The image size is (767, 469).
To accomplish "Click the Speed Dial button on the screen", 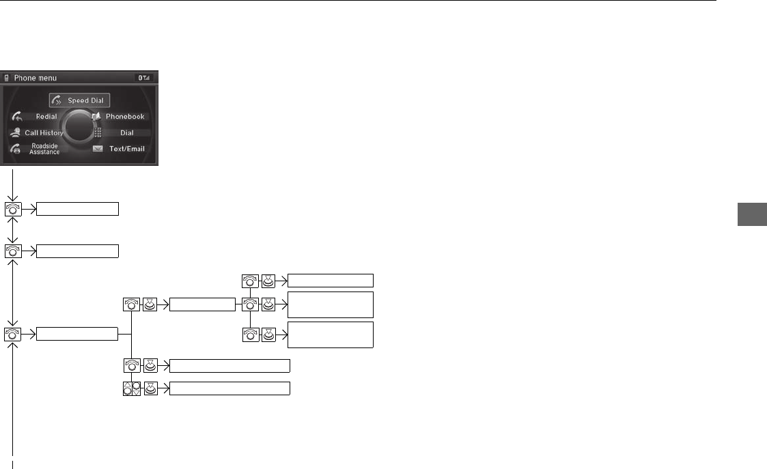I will (80, 100).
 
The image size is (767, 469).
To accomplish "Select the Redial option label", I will (46, 117).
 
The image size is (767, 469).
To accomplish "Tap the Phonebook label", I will (125, 117).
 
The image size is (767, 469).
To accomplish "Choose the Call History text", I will (44, 132).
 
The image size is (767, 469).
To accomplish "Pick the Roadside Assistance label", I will (44, 149).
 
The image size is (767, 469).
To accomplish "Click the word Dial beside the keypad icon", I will (127, 132).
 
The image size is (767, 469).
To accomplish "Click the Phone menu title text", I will (36, 79).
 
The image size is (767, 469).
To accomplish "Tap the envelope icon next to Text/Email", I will (98, 149).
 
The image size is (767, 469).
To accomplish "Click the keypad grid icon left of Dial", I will (98, 132).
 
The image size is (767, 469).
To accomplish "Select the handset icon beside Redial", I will (16, 117).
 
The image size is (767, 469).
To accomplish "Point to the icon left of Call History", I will (15, 132).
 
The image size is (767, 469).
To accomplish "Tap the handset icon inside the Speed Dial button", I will (57, 101).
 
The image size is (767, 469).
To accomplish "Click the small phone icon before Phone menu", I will (7, 79).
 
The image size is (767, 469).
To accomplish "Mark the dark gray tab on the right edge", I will (752, 213).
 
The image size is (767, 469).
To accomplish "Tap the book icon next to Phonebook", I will (97, 117).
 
